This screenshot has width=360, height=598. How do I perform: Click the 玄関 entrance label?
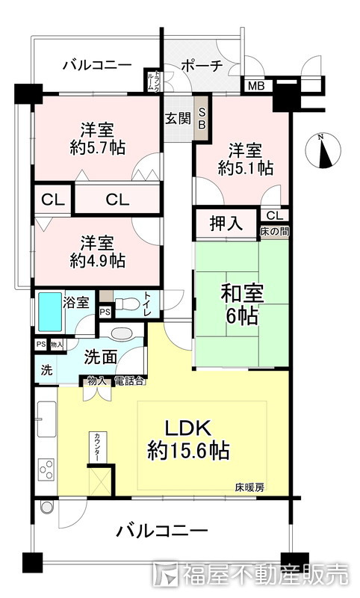point(178,117)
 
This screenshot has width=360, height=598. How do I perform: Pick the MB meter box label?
point(255,87)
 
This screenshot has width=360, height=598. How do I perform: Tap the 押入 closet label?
point(226,223)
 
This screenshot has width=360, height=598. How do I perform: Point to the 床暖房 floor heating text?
point(249,487)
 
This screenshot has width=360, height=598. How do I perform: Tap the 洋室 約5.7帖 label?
point(97,138)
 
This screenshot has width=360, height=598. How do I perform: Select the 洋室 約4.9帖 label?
point(97,252)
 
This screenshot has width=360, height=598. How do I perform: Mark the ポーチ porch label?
point(202,65)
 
